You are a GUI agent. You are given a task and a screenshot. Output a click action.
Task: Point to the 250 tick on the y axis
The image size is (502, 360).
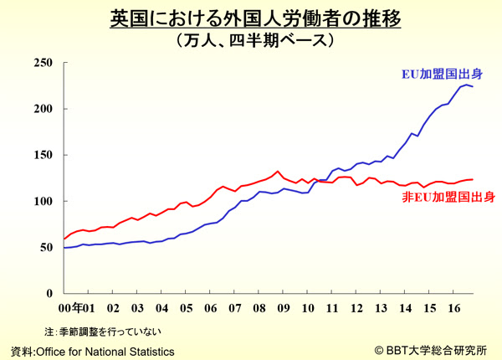(42, 63)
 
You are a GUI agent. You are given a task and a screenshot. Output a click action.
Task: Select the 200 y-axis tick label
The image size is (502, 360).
(42, 109)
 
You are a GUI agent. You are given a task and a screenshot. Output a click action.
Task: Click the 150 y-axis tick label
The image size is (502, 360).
(42, 155)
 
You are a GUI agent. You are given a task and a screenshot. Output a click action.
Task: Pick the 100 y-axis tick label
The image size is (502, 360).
(42, 201)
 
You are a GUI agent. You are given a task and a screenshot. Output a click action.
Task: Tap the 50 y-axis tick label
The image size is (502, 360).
(45, 247)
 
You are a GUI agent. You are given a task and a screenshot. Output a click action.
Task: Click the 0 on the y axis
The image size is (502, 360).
(49, 293)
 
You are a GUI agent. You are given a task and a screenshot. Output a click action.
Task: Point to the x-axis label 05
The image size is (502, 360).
(186, 307)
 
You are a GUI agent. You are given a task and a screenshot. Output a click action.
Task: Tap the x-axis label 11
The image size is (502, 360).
(332, 307)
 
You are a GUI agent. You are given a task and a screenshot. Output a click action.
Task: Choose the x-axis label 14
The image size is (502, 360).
(405, 307)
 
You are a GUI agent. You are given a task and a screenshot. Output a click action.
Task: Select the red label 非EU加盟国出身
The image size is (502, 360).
(448, 198)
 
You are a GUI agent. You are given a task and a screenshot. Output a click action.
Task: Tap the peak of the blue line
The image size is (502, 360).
(465, 85)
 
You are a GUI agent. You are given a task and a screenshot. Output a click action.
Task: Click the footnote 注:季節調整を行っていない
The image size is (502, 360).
(104, 331)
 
